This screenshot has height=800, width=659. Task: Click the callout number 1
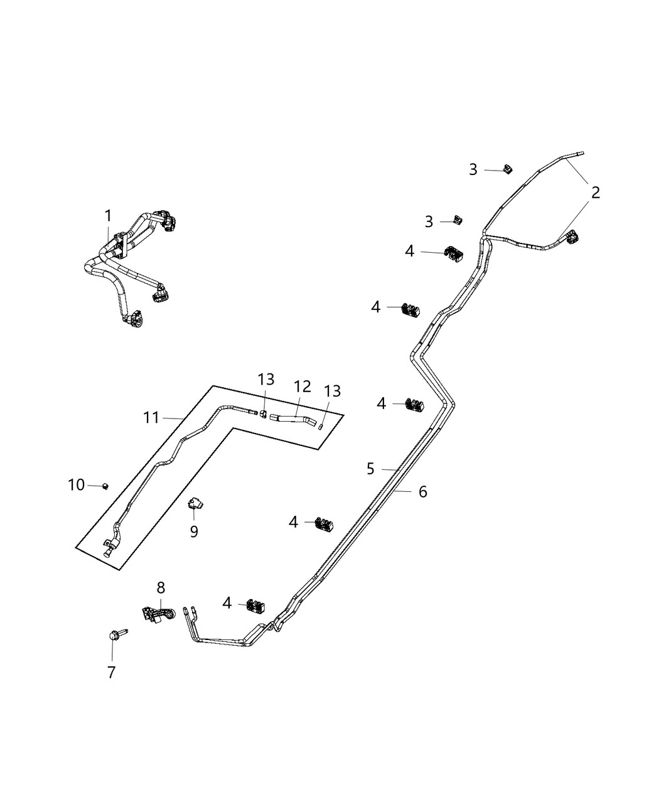pos(108,216)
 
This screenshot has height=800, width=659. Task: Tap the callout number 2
pos(595,193)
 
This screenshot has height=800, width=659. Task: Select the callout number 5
pos(370,468)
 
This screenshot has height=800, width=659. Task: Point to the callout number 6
pos(422,492)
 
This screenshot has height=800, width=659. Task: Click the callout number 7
pos(111,672)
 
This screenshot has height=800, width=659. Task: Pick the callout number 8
pos(161,587)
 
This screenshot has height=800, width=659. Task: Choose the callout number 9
pos(194,531)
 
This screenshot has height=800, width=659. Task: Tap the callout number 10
pos(76,484)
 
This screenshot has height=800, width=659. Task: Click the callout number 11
pos(151,417)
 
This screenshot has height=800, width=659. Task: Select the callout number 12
pos(303,387)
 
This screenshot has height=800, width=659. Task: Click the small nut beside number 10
pos(105,486)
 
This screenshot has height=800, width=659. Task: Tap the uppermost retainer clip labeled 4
pos(453,252)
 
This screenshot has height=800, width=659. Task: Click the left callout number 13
pos(265,379)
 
